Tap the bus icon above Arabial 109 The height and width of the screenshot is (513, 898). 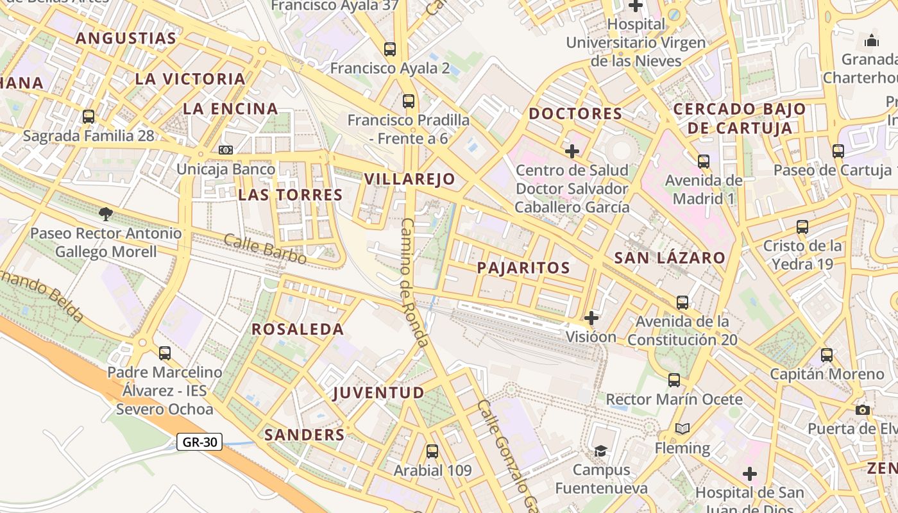432,451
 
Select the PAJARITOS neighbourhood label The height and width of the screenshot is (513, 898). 523,268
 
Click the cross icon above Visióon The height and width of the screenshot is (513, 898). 591,317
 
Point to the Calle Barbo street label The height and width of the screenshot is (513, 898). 265,249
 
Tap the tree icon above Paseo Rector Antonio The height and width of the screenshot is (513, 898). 106,214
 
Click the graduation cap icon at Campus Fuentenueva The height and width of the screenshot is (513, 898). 600,451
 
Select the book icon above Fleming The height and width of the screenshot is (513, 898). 682,428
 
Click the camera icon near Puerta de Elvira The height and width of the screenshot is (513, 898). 863,410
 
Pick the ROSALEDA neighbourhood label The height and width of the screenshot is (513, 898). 298,330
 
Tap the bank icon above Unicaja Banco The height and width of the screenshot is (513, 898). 225,150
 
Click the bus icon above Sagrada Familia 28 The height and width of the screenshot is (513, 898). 89,117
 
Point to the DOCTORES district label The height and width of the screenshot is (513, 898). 575,114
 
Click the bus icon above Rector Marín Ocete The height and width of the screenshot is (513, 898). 674,380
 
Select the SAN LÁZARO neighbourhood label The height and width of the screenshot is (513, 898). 670,258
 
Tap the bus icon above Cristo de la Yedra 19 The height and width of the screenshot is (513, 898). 802,226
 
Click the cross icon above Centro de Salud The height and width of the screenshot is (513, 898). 572,151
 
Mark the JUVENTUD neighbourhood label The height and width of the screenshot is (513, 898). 378,392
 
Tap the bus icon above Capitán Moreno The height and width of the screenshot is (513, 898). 827,355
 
